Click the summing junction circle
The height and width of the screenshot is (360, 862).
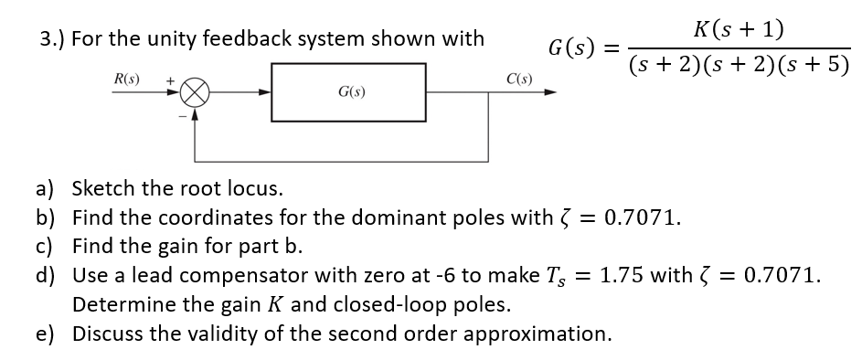coord(196,92)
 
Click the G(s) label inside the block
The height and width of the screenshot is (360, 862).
coord(348,93)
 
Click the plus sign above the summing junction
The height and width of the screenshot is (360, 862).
coord(170,80)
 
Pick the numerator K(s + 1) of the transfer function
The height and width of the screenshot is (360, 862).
coord(737,29)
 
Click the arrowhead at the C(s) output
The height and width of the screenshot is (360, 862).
coord(550,92)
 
